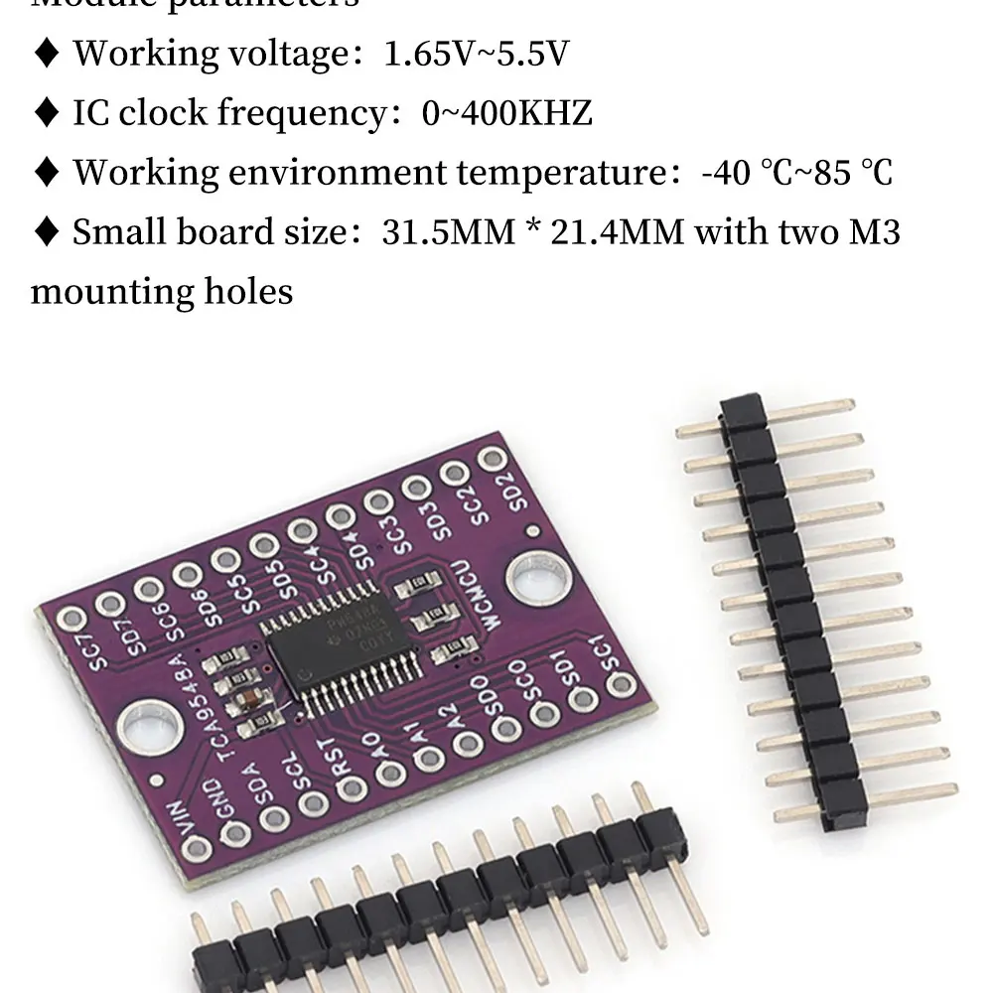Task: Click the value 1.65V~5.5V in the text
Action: tap(477, 53)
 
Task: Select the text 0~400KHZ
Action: tap(507, 113)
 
